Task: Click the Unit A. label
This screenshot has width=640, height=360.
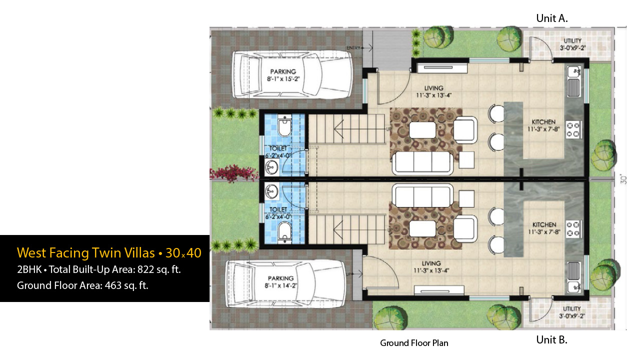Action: coord(551,18)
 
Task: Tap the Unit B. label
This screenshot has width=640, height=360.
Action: coord(551,339)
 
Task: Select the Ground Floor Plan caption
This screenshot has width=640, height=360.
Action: coord(414,343)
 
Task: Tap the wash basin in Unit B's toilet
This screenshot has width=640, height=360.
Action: coord(271,190)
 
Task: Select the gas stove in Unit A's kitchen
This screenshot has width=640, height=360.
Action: coord(573,129)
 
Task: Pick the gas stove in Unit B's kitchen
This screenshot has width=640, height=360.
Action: coord(573,229)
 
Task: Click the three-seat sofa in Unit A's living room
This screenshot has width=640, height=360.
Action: coord(422,162)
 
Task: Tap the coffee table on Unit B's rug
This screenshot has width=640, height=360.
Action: coord(422,229)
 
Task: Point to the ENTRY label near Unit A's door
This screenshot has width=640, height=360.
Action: coord(353,48)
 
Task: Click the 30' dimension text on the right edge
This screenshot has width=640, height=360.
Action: coord(623,179)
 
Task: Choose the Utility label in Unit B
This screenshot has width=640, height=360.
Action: coord(571,312)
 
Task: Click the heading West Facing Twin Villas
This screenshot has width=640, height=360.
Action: coord(85,253)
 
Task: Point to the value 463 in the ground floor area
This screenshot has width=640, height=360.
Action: coord(113,285)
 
